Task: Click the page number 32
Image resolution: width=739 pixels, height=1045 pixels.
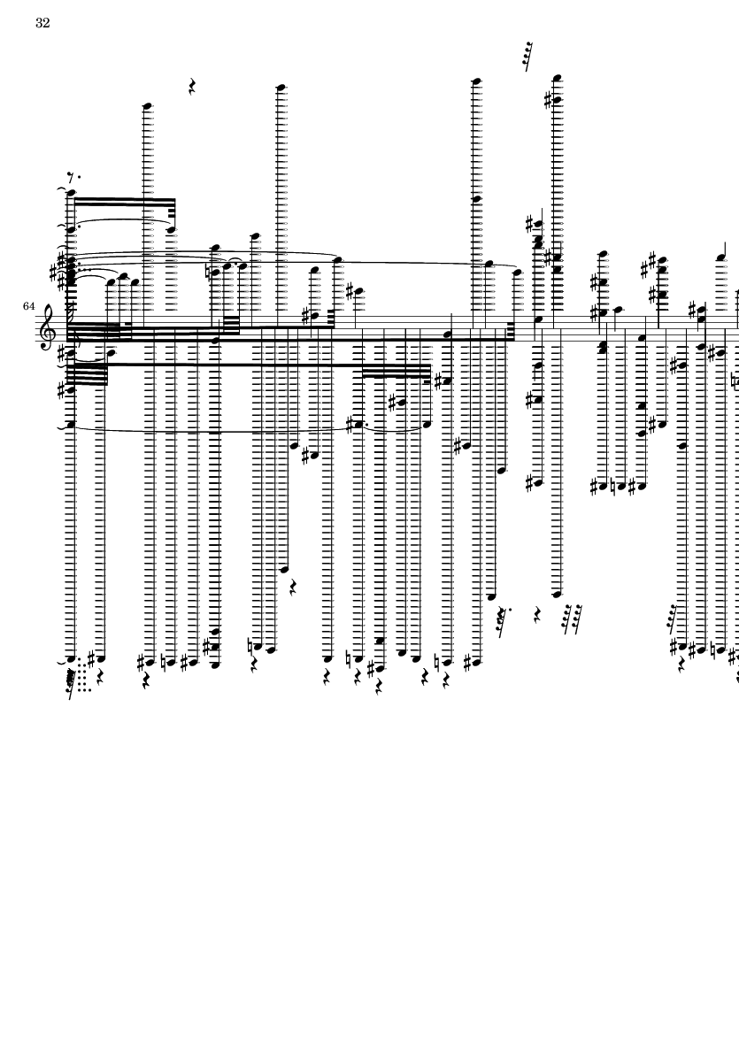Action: point(42,23)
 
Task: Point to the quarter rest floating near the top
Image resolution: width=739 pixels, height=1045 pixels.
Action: point(193,87)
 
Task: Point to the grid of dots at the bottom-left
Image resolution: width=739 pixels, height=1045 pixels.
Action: point(82,674)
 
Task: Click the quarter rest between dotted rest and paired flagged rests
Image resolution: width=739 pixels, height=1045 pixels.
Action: point(538,612)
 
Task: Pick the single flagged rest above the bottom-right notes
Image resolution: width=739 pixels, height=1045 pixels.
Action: point(674,621)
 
